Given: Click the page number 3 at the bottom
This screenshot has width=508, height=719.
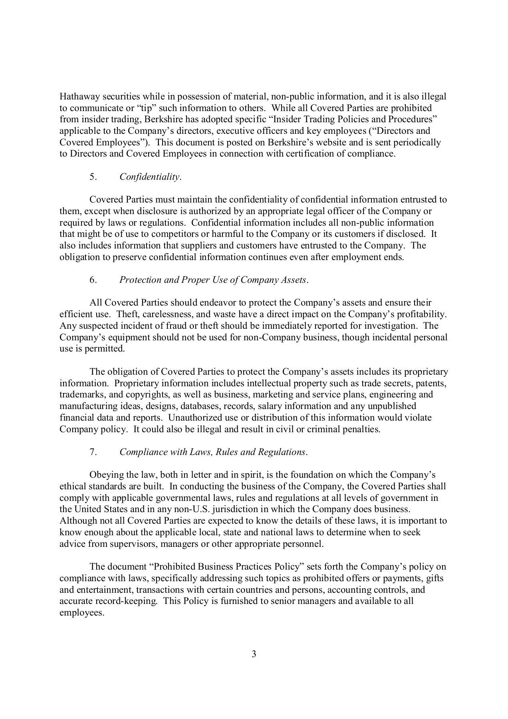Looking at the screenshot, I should click(254, 654).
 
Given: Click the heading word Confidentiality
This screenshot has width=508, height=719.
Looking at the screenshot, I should click(150, 177).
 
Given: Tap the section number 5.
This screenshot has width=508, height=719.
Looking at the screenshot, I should click(93, 177).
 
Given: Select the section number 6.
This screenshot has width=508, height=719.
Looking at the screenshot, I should click(93, 280).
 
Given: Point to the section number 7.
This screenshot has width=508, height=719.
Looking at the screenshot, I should click(93, 452).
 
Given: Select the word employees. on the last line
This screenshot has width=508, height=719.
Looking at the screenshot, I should click(81, 613).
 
